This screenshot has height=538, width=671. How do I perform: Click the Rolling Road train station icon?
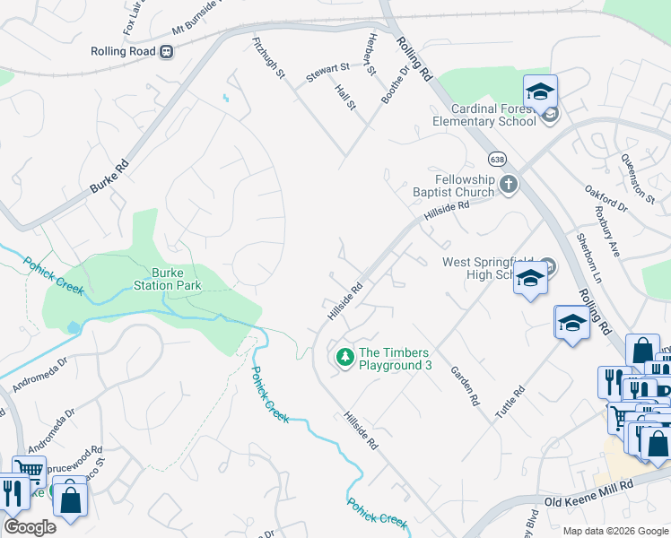(x=166, y=51)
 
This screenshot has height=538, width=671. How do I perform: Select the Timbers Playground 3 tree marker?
(x=344, y=358)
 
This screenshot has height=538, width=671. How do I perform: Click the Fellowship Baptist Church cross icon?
(x=509, y=185)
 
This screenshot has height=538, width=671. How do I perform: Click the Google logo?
(x=30, y=526)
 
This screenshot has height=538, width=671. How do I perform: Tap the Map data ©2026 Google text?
(x=614, y=531)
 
